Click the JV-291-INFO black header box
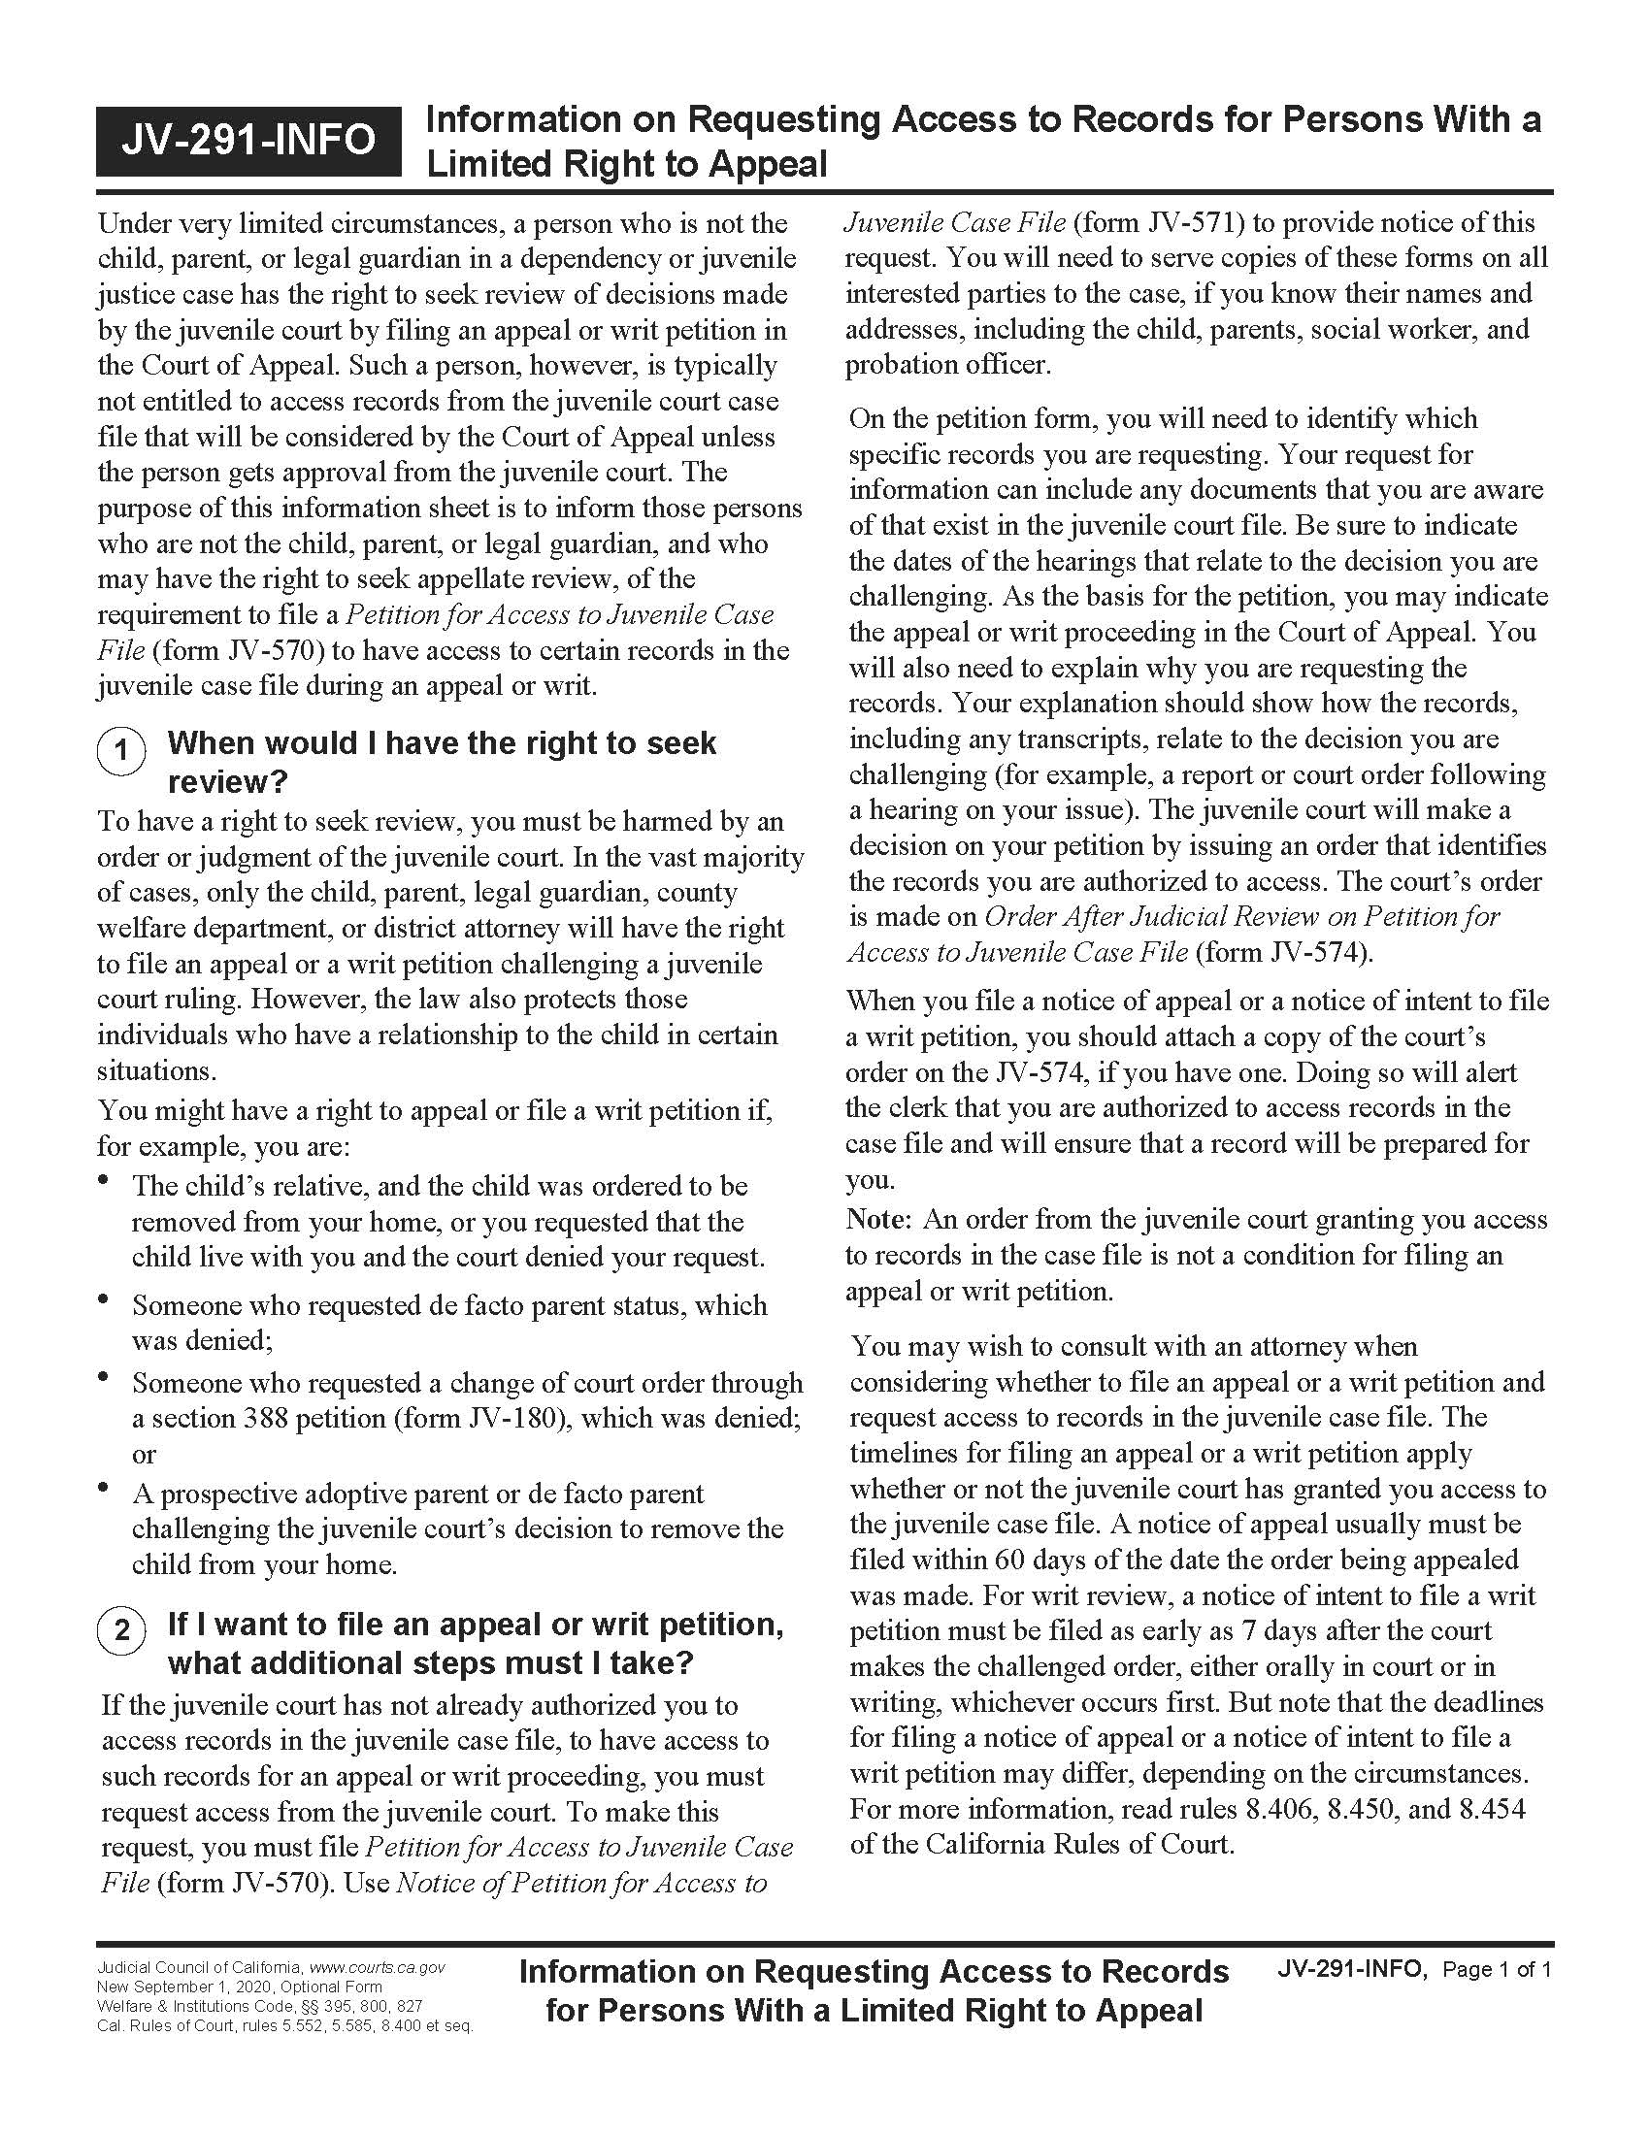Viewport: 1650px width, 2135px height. tap(248, 141)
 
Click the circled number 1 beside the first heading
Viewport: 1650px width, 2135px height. tap(121, 751)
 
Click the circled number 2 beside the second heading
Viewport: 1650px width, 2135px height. tap(121, 1631)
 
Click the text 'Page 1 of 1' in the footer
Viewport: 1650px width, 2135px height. tap(1497, 1969)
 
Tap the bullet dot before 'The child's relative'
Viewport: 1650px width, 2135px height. tap(104, 1181)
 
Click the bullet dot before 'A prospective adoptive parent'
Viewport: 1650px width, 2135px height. tap(104, 1489)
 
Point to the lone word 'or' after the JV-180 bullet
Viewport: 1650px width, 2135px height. tap(144, 1455)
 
